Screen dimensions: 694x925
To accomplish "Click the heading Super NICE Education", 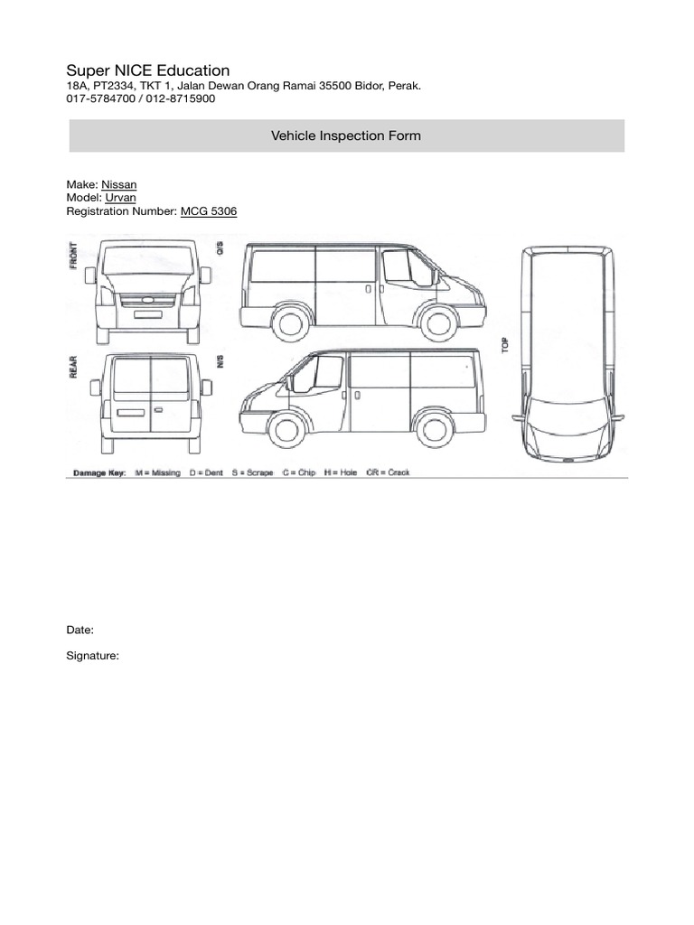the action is (x=148, y=70).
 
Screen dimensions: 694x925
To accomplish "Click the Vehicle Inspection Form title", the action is (x=346, y=135).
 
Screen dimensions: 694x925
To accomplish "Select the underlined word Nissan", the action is (x=119, y=185).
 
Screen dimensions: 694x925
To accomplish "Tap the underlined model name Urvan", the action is (x=121, y=198).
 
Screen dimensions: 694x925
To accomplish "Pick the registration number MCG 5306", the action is (x=209, y=210).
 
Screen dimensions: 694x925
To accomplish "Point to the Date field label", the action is (x=80, y=630).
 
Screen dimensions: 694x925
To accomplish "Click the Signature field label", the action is (x=93, y=657).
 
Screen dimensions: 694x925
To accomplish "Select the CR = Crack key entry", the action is (x=388, y=472).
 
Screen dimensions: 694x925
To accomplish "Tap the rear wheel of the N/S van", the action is (x=433, y=428).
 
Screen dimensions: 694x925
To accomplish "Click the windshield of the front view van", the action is (x=148, y=260).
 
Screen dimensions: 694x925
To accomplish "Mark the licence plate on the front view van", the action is (x=148, y=314).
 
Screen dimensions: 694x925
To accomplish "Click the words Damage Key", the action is (x=98, y=472).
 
